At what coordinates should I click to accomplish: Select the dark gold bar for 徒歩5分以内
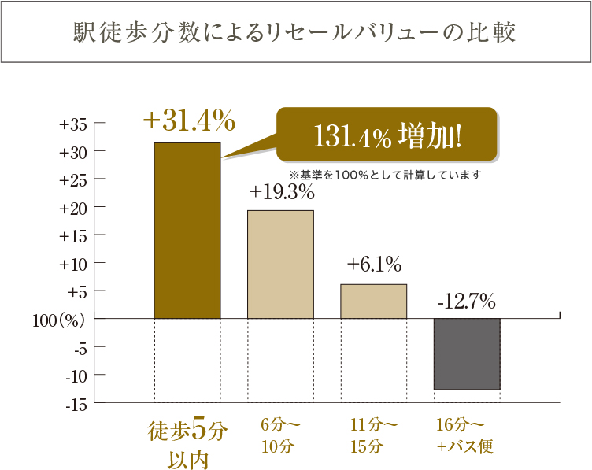(x=187, y=230)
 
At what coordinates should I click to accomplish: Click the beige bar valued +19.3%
(x=280, y=264)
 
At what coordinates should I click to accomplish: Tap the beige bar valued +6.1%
(x=373, y=301)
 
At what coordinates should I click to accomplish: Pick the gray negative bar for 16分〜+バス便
(x=467, y=353)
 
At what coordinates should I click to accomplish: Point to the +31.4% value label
(x=189, y=120)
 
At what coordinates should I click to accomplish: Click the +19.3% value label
(x=282, y=191)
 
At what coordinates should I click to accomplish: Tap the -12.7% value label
(x=466, y=301)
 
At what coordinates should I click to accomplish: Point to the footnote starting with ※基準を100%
(x=385, y=174)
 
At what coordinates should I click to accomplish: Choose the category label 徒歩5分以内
(x=188, y=444)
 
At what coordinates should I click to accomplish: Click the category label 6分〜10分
(x=280, y=436)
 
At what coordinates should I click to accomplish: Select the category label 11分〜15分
(x=374, y=436)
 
